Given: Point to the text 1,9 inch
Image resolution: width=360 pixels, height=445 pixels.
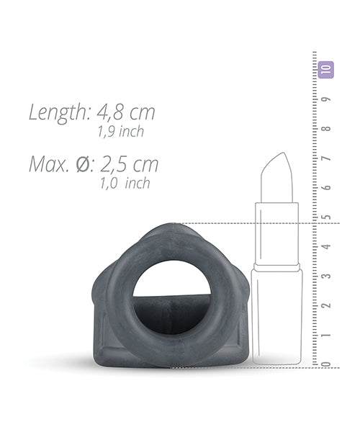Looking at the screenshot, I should [x=120, y=131].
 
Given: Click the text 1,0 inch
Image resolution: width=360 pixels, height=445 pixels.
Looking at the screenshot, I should [x=125, y=183].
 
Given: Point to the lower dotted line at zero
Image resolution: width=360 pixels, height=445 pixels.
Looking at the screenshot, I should [x=245, y=367].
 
